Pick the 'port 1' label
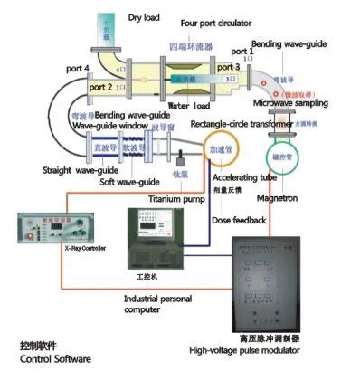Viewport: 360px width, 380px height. point(244,52)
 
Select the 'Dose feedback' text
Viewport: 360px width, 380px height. point(240,220)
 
